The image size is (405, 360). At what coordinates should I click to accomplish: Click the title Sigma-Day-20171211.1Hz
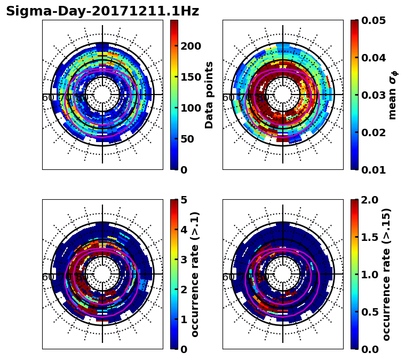coord(102,11)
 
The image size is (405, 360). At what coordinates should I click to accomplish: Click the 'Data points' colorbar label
coord(209,95)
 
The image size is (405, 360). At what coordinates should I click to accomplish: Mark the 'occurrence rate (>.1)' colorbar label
coord(195,275)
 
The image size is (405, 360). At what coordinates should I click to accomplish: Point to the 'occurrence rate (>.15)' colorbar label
coord(386,275)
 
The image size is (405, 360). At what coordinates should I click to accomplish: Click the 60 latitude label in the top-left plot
coord(47,98)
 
